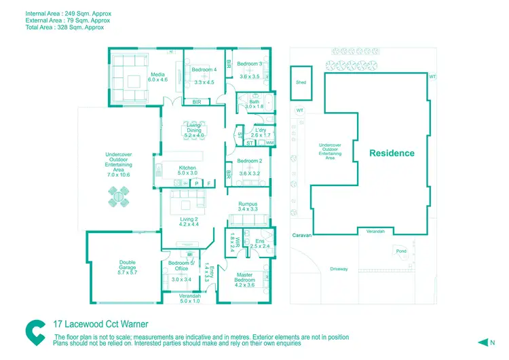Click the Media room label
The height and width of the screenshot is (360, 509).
(157, 76)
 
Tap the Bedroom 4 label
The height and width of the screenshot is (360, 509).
(204, 69)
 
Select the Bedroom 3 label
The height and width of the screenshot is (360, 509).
(249, 65)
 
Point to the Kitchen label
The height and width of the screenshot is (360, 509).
(187, 168)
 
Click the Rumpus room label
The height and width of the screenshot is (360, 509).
(248, 204)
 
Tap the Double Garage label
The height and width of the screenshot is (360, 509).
(128, 266)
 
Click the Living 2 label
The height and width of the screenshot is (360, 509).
(189, 219)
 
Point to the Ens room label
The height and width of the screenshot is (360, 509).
(259, 241)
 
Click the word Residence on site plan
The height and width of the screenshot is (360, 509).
(392, 154)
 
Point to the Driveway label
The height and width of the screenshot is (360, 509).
(339, 269)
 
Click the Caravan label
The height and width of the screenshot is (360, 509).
(301, 235)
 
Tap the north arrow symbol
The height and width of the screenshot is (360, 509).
(483, 342)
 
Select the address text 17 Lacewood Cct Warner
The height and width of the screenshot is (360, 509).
(100, 325)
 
